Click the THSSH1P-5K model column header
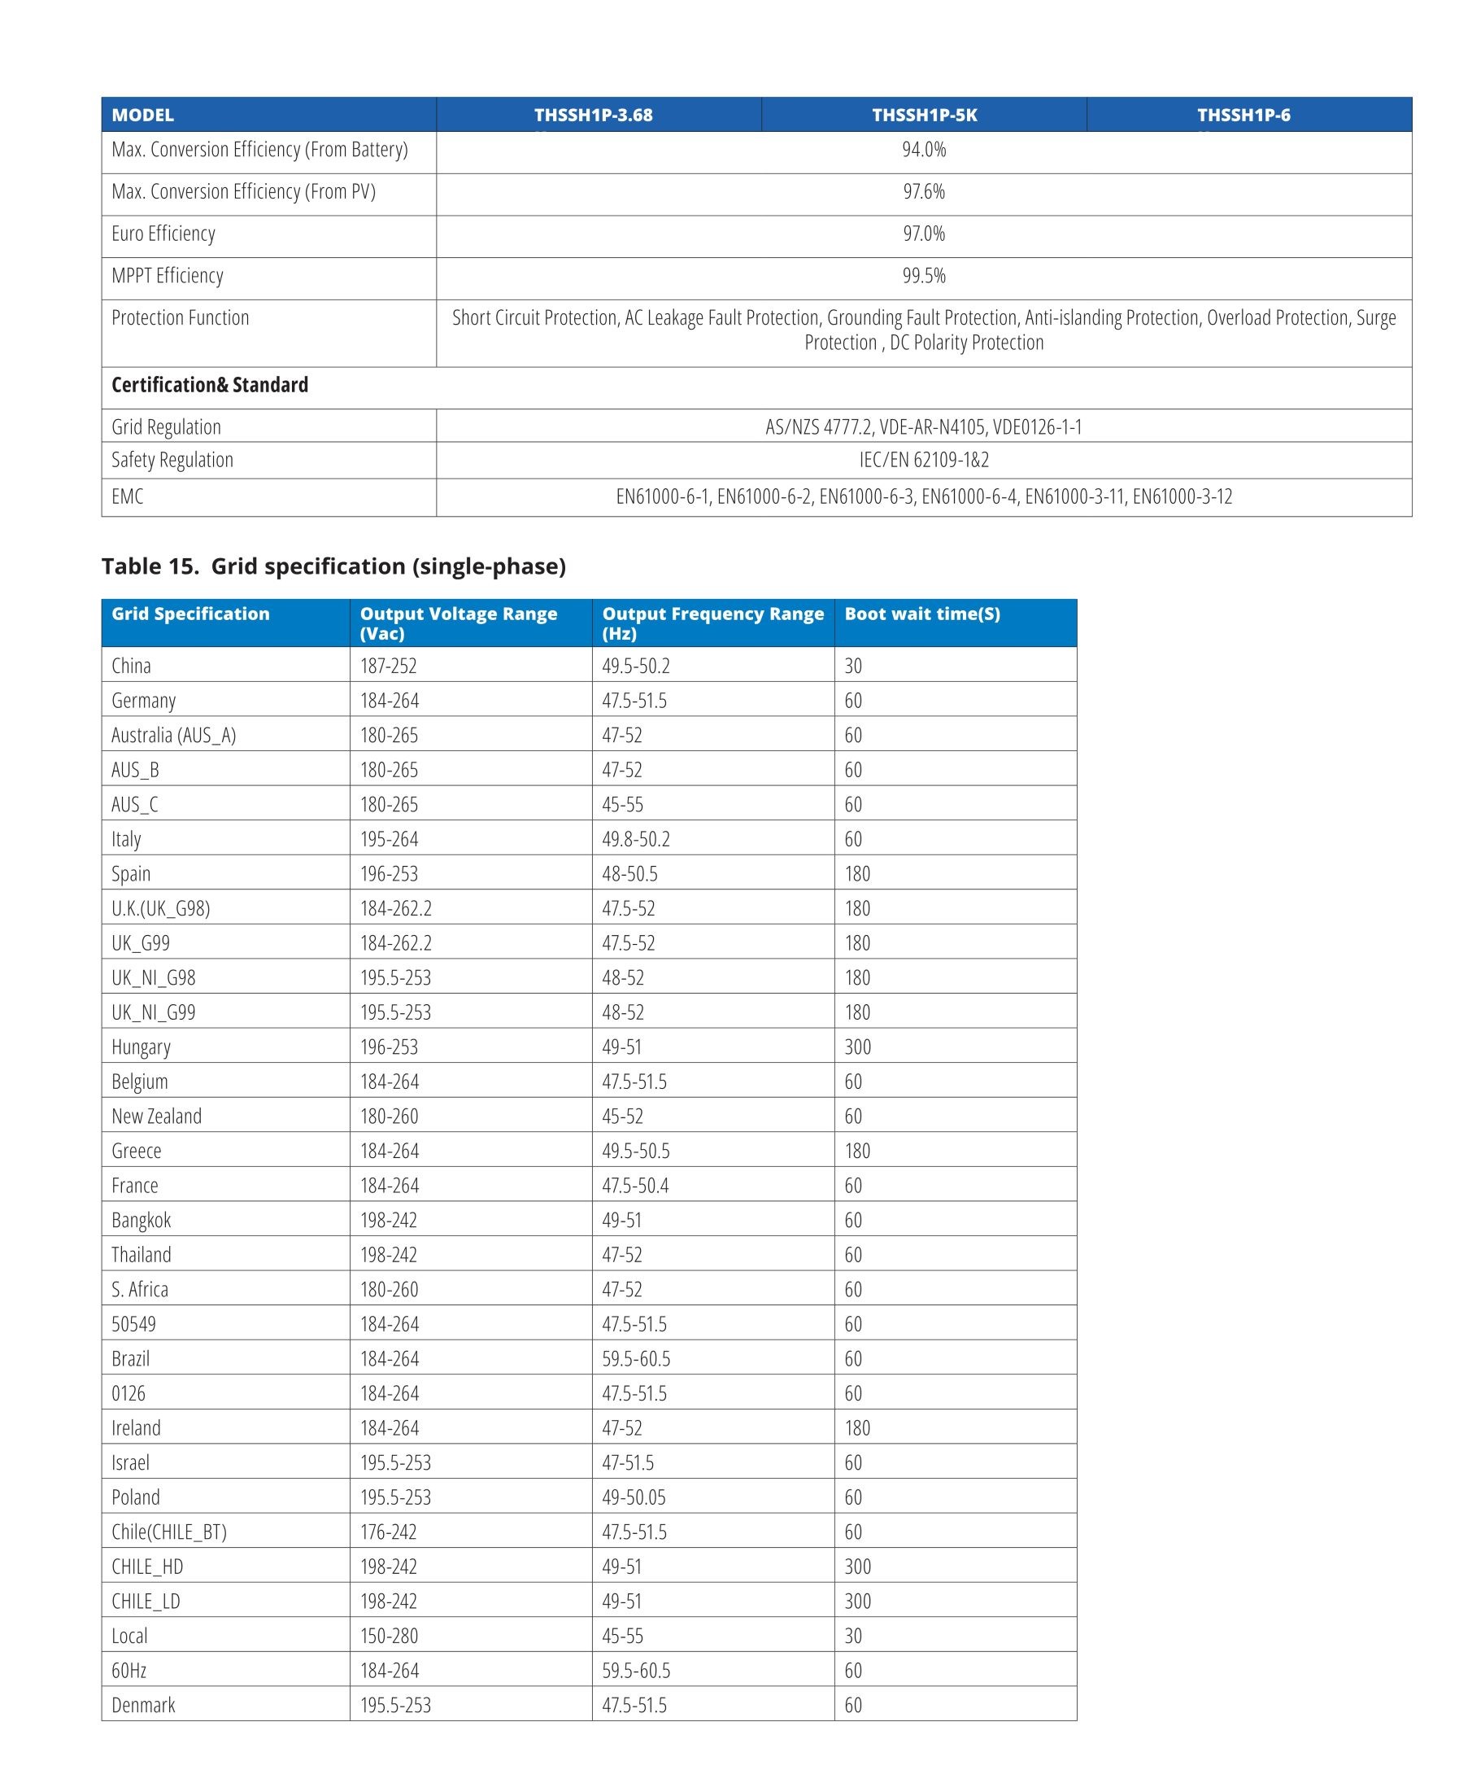click(x=924, y=116)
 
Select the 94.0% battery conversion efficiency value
click(x=924, y=150)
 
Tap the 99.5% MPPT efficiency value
click(x=924, y=276)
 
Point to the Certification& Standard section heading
click(x=210, y=385)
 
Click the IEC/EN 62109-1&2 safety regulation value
click(x=924, y=460)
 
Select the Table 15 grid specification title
click(x=333, y=566)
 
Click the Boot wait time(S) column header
click(x=922, y=614)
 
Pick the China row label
click(x=131, y=666)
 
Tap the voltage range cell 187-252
click(x=388, y=666)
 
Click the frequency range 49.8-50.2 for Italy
click(x=635, y=839)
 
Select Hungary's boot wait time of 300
click(x=857, y=1047)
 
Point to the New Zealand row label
click(x=156, y=1116)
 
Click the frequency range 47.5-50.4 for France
click(x=635, y=1186)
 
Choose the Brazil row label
click(x=130, y=1359)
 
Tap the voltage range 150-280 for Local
click(x=388, y=1636)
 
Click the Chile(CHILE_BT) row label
click(x=169, y=1532)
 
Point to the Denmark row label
click(x=143, y=1704)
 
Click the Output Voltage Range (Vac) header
click(x=458, y=623)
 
